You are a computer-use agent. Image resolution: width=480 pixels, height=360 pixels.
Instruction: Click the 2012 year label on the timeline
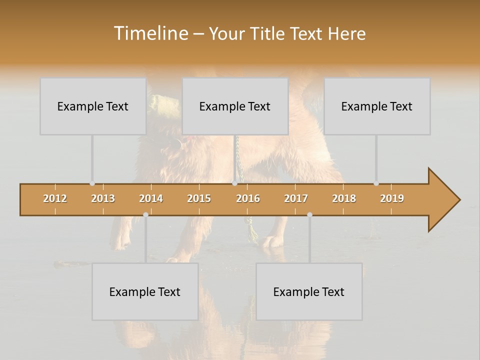coord(55,198)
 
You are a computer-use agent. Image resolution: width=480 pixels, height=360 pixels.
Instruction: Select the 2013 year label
coord(103,198)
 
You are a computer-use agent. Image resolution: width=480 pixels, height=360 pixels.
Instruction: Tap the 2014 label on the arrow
coord(151,198)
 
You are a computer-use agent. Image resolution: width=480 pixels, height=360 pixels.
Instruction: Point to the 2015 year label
coord(199,198)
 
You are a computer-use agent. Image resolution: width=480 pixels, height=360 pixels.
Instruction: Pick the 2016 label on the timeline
coord(248,198)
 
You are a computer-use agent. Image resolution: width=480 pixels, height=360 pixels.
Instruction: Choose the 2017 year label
coord(296,198)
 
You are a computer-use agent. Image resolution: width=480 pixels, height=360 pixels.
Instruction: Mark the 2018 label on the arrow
coord(344,198)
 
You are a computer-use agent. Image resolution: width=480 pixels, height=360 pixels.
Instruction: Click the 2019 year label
coord(392,198)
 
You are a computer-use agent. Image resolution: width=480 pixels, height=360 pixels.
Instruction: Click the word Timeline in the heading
coord(149,33)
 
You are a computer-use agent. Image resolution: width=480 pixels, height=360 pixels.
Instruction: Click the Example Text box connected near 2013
coord(93,106)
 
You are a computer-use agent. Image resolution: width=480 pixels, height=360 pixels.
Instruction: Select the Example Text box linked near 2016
coord(235,106)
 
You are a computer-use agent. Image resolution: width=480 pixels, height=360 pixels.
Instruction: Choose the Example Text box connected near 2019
coord(377,106)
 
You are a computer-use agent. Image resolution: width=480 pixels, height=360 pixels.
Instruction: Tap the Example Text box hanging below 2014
coord(145,291)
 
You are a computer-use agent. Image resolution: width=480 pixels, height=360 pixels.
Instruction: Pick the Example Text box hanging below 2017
coord(309,291)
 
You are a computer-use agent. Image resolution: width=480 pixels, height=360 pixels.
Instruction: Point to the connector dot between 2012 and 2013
coord(92,183)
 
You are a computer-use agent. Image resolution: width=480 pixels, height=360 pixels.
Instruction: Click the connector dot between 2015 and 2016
coord(235,183)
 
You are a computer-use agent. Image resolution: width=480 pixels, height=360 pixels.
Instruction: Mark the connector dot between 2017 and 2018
coord(309,214)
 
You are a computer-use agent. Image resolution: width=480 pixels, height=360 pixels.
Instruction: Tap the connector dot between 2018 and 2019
coord(376,183)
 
